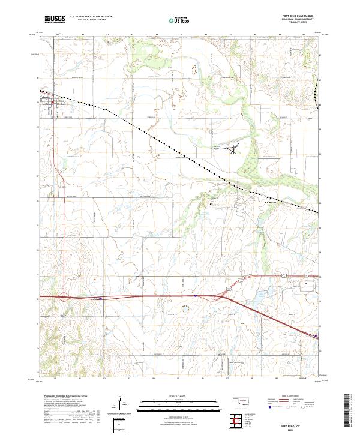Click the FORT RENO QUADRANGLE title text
tap(302, 16)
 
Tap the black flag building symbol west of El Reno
tap(211, 205)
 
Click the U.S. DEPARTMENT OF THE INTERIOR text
tap(90, 16)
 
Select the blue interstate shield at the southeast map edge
tap(317, 336)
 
